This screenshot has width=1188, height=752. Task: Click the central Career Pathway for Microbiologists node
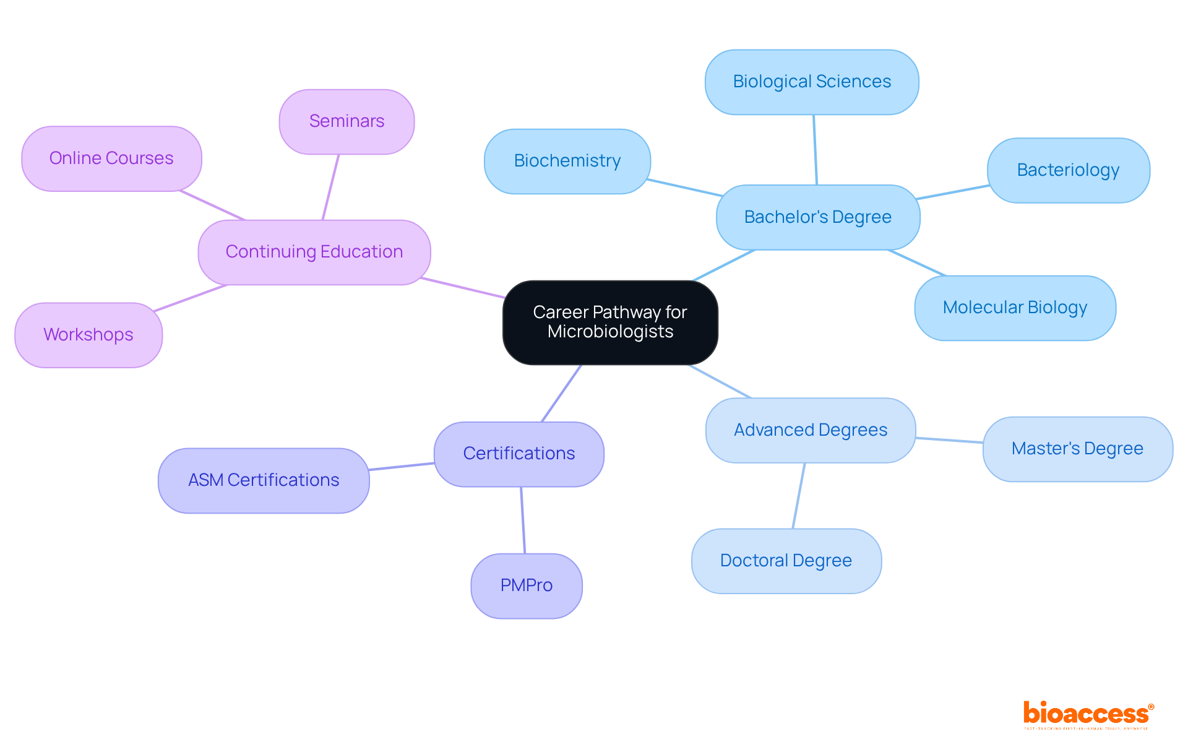pyautogui.click(x=610, y=322)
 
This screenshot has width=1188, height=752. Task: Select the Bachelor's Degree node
pyautogui.click(x=817, y=217)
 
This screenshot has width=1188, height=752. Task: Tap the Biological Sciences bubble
pyautogui.click(x=812, y=82)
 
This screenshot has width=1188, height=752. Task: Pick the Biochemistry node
pyautogui.click(x=567, y=161)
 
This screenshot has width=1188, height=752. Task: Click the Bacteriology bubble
pyautogui.click(x=1068, y=170)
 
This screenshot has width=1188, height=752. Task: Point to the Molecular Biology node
pyautogui.click(x=1015, y=308)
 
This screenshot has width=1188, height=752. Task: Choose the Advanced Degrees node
pyautogui.click(x=811, y=430)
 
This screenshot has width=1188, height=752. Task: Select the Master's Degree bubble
pyautogui.click(x=1077, y=449)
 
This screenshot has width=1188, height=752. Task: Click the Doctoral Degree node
pyautogui.click(x=786, y=561)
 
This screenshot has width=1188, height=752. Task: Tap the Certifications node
pyautogui.click(x=519, y=454)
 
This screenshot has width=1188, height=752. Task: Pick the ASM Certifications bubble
pyautogui.click(x=264, y=480)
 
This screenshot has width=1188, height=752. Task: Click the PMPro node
pyautogui.click(x=526, y=586)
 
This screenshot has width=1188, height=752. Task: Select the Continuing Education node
pyautogui.click(x=314, y=252)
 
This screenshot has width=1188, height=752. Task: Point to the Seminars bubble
pyautogui.click(x=346, y=121)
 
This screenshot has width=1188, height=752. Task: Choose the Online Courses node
pyautogui.click(x=111, y=158)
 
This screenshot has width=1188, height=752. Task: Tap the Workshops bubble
pyautogui.click(x=88, y=335)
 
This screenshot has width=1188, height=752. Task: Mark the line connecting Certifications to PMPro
pyautogui.click(x=523, y=520)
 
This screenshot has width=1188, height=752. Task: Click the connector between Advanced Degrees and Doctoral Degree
pyautogui.click(x=799, y=496)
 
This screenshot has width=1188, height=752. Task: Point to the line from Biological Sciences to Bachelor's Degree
pyautogui.click(x=815, y=149)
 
